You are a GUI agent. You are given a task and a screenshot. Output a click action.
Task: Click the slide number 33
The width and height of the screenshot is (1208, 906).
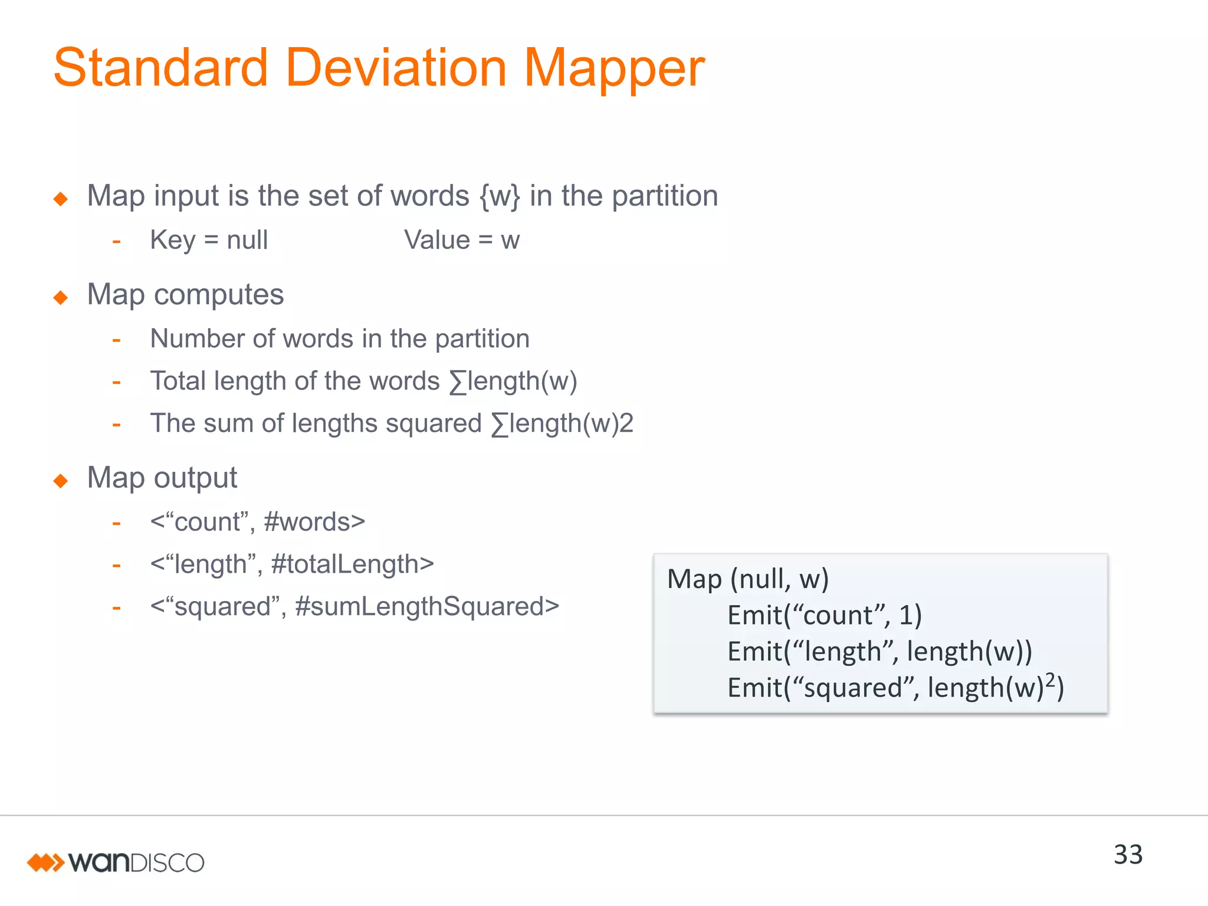tap(1128, 855)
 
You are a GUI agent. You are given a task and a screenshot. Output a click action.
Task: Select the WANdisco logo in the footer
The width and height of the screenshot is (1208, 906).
tap(116, 862)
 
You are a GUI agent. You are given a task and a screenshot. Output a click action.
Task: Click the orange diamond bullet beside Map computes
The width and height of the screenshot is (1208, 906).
tap(61, 297)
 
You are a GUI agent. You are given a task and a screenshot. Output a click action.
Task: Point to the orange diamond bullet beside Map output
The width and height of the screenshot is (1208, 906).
tap(61, 481)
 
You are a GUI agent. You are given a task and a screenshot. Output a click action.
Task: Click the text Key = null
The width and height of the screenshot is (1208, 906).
tap(209, 240)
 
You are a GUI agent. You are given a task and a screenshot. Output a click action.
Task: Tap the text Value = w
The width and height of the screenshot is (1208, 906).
tap(461, 240)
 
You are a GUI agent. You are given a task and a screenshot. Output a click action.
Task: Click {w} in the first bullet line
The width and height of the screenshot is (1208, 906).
tap(500, 196)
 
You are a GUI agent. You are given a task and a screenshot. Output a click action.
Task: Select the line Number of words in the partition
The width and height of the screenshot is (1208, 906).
tap(340, 339)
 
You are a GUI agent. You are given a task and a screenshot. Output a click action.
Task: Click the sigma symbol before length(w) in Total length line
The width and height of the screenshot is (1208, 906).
tap(458, 382)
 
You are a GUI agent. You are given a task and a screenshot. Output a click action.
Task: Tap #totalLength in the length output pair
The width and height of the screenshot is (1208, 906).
tap(352, 564)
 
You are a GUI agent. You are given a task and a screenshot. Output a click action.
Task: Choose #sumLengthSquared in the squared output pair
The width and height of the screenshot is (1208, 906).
tap(426, 607)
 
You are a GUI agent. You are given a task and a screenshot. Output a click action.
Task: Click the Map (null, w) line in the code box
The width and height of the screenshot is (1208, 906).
tap(748, 579)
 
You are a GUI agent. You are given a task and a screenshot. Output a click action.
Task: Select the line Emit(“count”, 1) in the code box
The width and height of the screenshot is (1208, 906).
tap(824, 615)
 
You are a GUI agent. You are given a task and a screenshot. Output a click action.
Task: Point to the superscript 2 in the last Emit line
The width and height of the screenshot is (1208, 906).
tap(1051, 681)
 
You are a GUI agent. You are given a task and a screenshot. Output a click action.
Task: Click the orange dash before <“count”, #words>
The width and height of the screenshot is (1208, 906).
tap(117, 523)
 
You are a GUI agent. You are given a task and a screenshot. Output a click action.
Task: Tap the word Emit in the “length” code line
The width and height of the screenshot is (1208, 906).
tap(754, 652)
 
